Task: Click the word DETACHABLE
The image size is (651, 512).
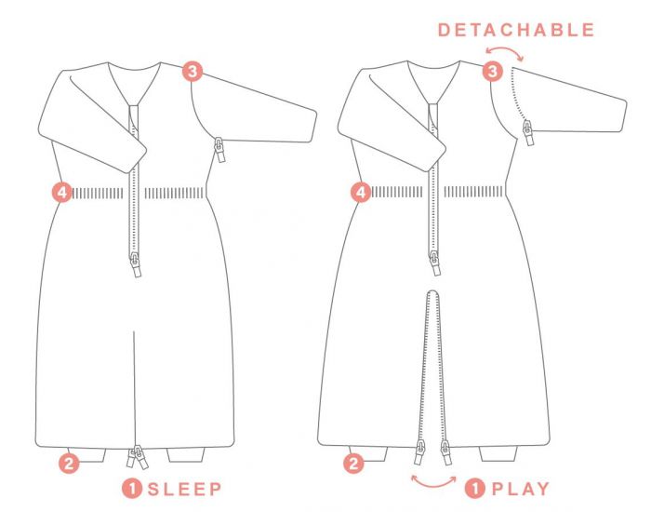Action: (x=516, y=30)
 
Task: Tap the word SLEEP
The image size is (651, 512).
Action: (x=185, y=489)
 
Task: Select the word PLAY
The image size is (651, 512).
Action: (x=521, y=489)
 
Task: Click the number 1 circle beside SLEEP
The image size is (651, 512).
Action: (x=132, y=489)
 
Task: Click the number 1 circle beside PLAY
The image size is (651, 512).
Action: (x=475, y=489)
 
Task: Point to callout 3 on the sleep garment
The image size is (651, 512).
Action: (x=193, y=72)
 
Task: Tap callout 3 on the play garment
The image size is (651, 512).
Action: (x=492, y=72)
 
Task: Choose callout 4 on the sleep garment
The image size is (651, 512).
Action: (x=62, y=193)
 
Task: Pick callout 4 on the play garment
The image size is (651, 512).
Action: (x=361, y=193)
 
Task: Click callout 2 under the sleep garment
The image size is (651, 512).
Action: (x=69, y=463)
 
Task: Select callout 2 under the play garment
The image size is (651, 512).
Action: (x=353, y=463)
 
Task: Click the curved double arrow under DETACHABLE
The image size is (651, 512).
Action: (x=504, y=53)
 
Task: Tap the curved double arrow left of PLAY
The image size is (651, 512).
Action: (x=433, y=482)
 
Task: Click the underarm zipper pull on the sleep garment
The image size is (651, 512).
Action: (x=219, y=150)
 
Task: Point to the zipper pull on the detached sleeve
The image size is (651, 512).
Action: (x=528, y=132)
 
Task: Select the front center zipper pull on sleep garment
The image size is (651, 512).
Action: (x=136, y=264)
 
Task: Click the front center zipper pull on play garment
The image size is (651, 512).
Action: (x=434, y=263)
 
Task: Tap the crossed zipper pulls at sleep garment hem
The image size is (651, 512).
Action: (x=137, y=457)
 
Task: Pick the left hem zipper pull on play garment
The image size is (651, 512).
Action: (x=419, y=453)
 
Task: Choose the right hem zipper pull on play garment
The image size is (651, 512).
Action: (x=445, y=453)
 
